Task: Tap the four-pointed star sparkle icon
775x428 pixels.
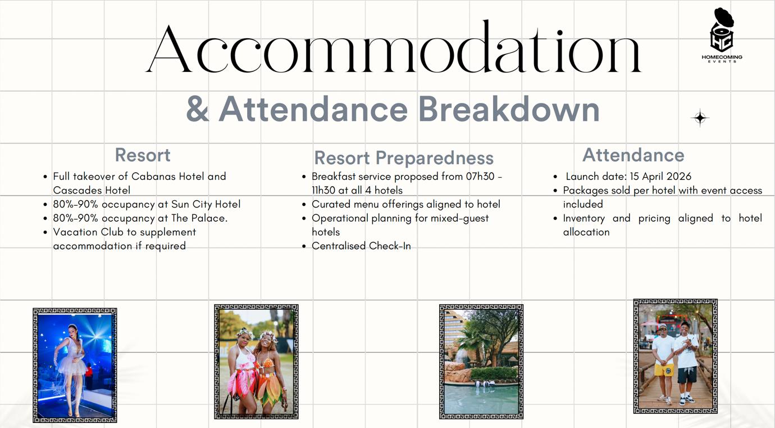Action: coord(700,118)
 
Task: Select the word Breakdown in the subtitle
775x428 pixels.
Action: coord(509,109)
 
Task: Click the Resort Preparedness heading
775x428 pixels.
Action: coord(404,157)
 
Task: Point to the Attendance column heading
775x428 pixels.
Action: coord(633,155)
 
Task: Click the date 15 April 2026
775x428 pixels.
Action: coord(660,177)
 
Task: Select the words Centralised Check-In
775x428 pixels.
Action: coord(361,246)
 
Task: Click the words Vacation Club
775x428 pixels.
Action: coord(88,232)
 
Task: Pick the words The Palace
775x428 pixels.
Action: coord(199,218)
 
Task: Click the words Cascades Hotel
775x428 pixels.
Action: coord(92,190)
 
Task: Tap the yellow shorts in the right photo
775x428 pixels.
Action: coord(664,370)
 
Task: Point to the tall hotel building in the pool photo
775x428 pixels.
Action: coord(454,334)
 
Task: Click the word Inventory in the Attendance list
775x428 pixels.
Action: coord(583,218)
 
